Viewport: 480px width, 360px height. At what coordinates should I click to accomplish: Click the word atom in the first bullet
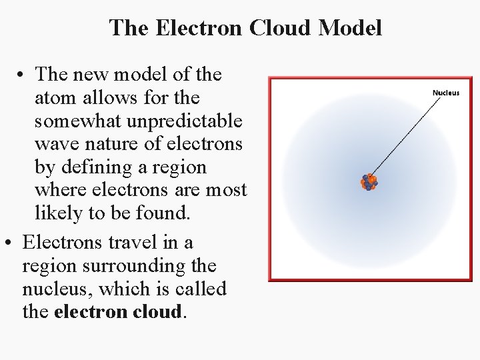click(55, 98)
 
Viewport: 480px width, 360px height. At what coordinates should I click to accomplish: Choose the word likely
click(55, 213)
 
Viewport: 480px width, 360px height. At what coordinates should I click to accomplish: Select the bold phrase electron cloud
click(117, 312)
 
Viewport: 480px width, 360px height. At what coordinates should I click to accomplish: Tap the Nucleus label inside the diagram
click(446, 93)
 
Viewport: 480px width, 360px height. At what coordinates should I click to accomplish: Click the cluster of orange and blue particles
click(369, 182)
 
